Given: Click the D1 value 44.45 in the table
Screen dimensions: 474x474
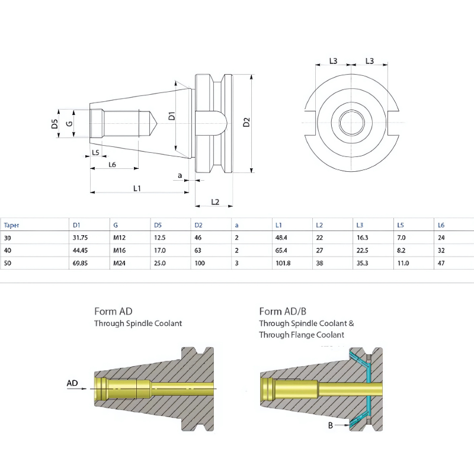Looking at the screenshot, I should [x=81, y=250].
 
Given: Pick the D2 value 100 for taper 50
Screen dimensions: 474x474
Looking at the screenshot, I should [x=199, y=262].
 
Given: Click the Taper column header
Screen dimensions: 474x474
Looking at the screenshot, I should [x=11, y=225].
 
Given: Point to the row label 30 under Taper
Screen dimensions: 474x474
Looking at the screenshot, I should [x=8, y=238].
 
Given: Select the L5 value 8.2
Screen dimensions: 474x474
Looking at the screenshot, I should [x=401, y=250].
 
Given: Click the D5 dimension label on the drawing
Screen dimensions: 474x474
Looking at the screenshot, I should [x=54, y=123].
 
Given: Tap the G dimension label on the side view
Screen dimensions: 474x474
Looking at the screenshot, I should [x=69, y=123].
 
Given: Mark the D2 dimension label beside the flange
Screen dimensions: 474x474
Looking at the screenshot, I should [x=246, y=123].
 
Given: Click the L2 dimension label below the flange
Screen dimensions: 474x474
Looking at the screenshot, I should [x=214, y=202].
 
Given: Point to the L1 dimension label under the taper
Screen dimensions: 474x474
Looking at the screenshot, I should [x=137, y=188].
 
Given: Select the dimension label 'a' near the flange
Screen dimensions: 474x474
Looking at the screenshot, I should [x=180, y=175].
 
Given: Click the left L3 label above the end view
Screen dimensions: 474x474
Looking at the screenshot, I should [x=334, y=61].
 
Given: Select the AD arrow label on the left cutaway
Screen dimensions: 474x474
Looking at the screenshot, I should [x=72, y=383].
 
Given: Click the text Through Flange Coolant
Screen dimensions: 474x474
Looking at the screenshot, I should [x=301, y=335].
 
